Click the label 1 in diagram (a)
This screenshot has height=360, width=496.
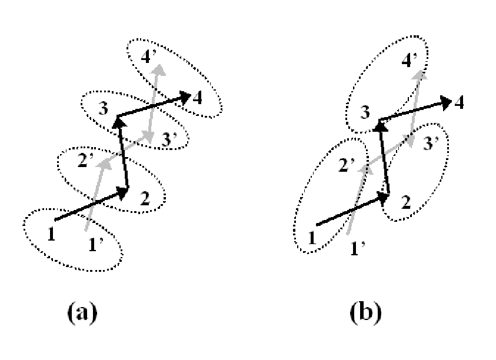pos(51,234)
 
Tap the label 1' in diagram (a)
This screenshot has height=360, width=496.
pos(96,245)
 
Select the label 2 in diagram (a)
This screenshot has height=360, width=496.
pos(145,199)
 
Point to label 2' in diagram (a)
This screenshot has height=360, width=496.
pos(85,161)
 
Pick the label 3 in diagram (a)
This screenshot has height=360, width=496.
pos(103,108)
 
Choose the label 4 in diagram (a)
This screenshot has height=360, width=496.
pos(197,98)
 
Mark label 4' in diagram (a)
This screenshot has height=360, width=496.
pos(149,57)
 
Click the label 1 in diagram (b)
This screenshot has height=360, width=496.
pos(312,237)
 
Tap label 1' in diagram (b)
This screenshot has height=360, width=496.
pos(358,248)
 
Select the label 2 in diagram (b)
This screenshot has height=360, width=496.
pos(406,202)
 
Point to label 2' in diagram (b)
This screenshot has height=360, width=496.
pos(347,165)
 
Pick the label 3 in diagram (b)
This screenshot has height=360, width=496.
pos(365,112)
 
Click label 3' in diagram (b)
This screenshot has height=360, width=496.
pos(431,144)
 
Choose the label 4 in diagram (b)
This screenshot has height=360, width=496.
pos(459,102)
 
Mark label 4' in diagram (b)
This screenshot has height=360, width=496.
pos(410,59)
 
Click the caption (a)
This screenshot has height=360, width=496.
pos(82,312)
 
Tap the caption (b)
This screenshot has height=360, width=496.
pos(366,312)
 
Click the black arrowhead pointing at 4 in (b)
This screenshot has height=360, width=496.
pos(447,102)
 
